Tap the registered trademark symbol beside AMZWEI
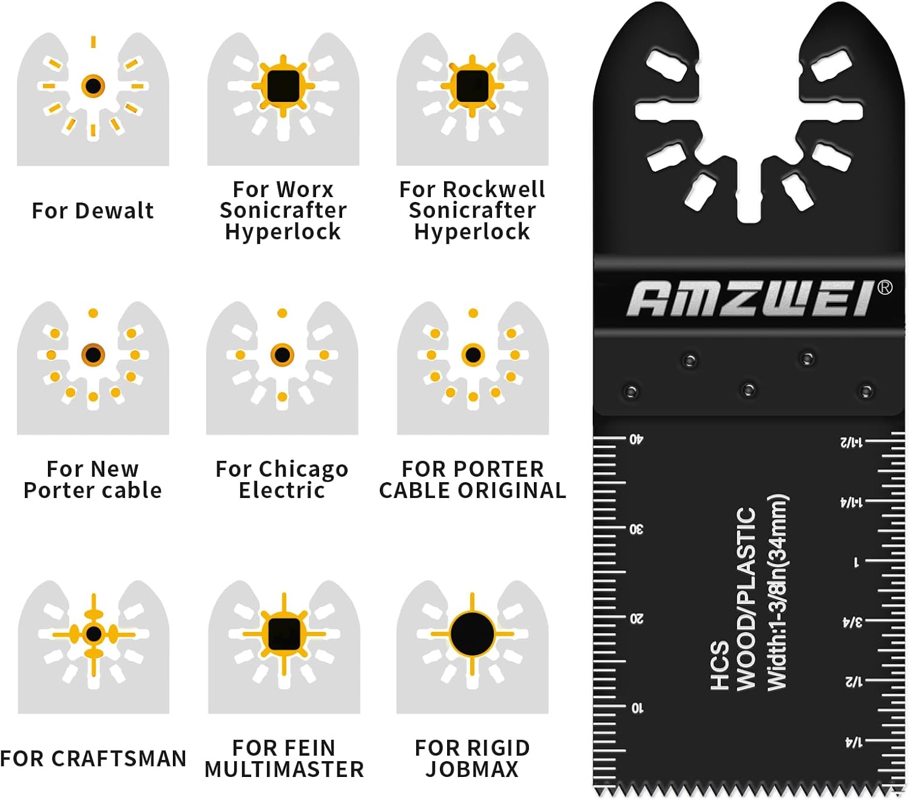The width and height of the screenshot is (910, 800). click(885, 287)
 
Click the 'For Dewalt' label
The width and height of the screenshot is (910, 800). click(93, 210)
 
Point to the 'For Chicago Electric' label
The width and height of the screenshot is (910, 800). click(282, 479)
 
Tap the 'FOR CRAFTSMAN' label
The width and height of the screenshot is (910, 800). click(93, 758)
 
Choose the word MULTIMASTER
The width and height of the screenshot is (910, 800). click(284, 769)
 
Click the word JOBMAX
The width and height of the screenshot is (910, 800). click(472, 769)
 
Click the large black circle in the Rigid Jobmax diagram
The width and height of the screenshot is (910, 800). click(472, 634)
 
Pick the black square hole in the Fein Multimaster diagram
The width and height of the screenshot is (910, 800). click(284, 634)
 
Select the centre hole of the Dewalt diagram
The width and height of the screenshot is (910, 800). click(93, 86)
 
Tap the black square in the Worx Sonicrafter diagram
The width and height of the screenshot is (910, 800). click(283, 86)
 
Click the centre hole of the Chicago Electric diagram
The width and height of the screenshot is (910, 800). click(282, 355)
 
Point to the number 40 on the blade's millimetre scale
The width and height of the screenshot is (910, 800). click(636, 439)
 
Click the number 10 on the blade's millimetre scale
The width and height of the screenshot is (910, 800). click(637, 708)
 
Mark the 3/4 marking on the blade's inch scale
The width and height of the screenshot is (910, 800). click(852, 622)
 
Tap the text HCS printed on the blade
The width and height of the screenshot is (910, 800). click(719, 665)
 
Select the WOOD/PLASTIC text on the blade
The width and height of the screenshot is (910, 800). click(746, 599)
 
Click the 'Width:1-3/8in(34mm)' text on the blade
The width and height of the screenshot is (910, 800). click(777, 591)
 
